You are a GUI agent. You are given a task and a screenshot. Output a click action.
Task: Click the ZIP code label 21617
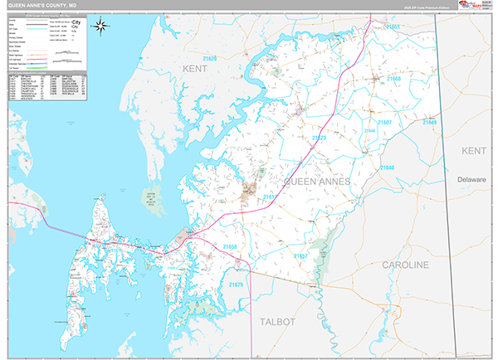pos(269,197)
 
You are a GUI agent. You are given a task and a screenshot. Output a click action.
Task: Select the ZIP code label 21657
pos(300,256)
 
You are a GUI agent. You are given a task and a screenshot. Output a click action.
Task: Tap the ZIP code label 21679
pos(234,285)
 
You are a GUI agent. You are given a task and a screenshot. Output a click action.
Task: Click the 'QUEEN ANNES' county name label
pos(317,180)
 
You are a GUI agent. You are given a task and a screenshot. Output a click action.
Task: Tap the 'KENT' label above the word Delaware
pos(474,151)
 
